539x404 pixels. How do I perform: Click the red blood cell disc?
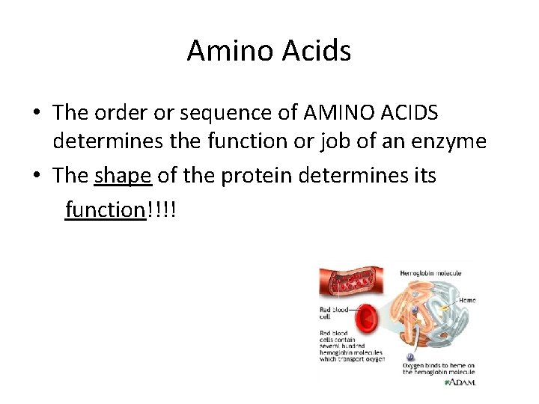368,322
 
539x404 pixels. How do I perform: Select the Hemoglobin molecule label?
430,273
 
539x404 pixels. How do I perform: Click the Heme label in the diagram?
467,300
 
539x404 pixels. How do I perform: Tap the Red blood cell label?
335,312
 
